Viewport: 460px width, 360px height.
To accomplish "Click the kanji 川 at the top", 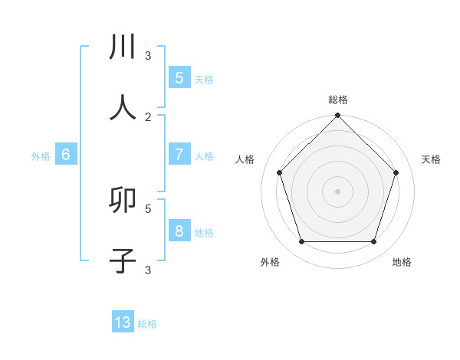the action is [x=123, y=47].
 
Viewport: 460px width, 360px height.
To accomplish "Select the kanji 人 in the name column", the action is [x=123, y=108].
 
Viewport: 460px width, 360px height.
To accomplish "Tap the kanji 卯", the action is [x=123, y=200].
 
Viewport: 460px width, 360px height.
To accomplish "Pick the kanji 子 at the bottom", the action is [x=123, y=260].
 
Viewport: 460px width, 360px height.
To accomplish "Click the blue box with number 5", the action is [x=179, y=77].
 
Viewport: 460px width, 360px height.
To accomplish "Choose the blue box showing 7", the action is [x=179, y=154].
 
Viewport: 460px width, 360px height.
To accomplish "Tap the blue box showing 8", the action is [x=179, y=231].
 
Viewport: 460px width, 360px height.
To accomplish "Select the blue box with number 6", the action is [x=66, y=154].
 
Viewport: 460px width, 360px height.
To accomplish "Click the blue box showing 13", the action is [x=123, y=322].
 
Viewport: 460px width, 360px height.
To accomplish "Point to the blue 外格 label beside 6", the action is [x=41, y=155].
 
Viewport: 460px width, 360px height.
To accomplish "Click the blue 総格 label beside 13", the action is [x=147, y=324].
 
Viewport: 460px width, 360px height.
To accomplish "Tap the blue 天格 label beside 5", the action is [x=204, y=79].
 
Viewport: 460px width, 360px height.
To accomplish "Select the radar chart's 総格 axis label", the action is [x=338, y=100].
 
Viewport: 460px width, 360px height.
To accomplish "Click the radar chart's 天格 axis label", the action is [x=431, y=159].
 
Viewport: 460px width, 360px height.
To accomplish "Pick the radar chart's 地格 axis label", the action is [x=402, y=262].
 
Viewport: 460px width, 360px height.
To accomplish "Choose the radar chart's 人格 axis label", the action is [x=245, y=159].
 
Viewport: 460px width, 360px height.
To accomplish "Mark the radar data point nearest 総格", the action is [x=338, y=116].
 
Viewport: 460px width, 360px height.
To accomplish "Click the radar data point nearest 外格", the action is [x=302, y=242].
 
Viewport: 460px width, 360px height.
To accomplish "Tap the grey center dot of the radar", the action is [x=338, y=191].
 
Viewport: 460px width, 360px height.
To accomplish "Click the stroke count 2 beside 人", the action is [x=148, y=116].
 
